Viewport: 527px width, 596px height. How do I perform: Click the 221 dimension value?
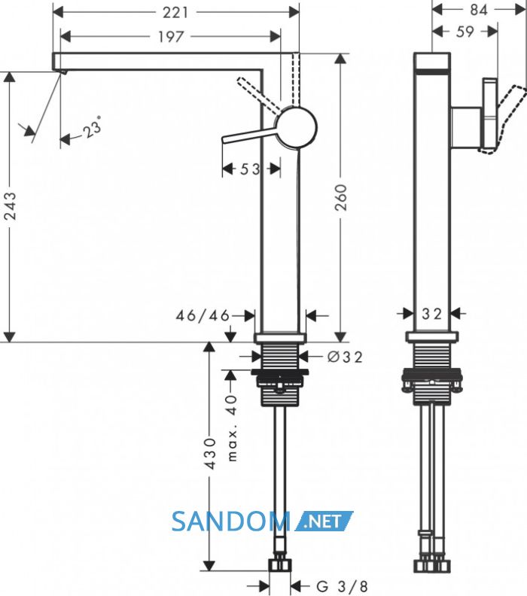pyautogui.click(x=175, y=13)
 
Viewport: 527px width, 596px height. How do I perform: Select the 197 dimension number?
pyautogui.click(x=171, y=37)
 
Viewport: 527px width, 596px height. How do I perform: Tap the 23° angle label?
pyautogui.click(x=93, y=127)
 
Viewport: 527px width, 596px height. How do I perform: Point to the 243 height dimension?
pyautogui.click(x=11, y=206)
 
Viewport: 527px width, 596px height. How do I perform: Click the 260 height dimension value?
pyautogui.click(x=341, y=198)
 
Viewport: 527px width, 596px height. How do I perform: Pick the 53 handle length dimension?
pyautogui.click(x=250, y=169)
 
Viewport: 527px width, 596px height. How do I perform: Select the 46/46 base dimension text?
pyautogui.click(x=203, y=315)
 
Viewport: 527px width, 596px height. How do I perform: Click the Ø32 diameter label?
pyautogui.click(x=345, y=357)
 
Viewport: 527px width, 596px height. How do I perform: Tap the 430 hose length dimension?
pyautogui.click(x=209, y=454)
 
